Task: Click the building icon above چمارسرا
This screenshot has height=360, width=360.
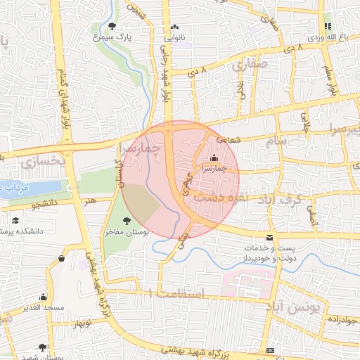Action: pos(214,158)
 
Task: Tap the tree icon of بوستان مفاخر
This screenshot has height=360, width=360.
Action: pos(127,221)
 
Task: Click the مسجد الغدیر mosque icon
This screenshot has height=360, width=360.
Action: pos(44,297)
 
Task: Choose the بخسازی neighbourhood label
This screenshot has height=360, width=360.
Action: pos(43,162)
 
